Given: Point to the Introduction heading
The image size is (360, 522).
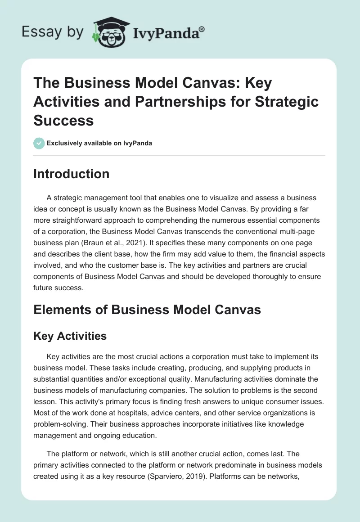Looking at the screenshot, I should point(71,174).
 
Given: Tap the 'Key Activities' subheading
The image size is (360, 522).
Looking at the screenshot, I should point(70,336).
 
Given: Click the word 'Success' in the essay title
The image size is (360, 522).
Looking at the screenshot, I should point(63,120).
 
